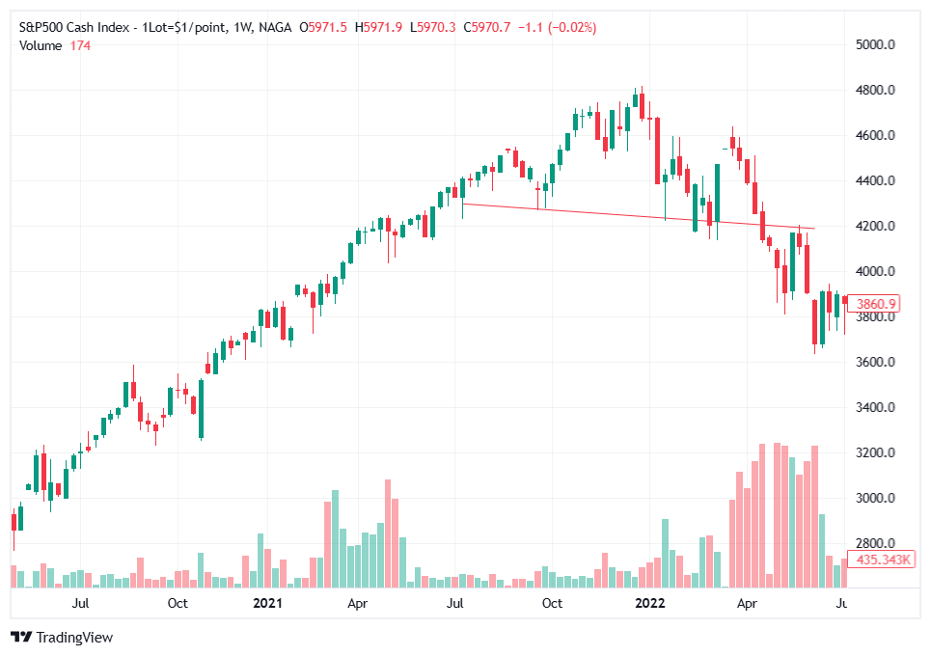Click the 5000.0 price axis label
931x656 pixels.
[876, 44]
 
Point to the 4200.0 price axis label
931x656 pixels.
[876, 226]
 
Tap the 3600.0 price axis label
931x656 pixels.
[876, 362]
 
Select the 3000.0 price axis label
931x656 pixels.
[876, 498]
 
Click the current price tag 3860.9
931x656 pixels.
[878, 303]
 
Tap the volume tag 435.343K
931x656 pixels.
[883, 560]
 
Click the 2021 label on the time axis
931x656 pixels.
[266, 604]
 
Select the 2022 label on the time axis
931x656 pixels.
[648, 604]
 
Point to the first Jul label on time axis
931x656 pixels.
[81, 604]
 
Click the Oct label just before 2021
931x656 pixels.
[177, 604]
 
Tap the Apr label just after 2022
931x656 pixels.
[746, 604]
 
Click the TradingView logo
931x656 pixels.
[62, 637]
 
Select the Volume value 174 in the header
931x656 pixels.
[80, 45]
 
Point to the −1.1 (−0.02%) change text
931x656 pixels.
[557, 28]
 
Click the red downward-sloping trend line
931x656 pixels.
[637, 216]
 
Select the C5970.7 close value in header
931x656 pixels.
[489, 28]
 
